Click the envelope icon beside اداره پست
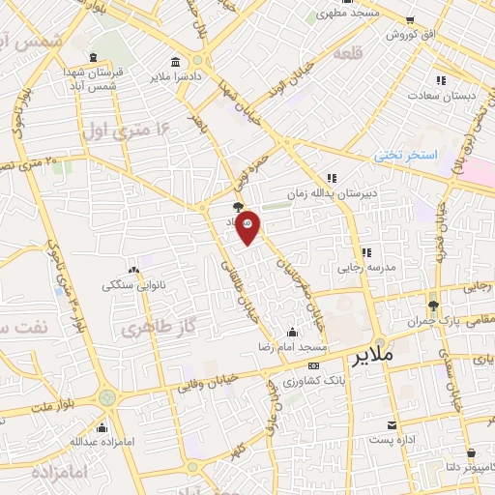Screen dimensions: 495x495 (x=392, y=425)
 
